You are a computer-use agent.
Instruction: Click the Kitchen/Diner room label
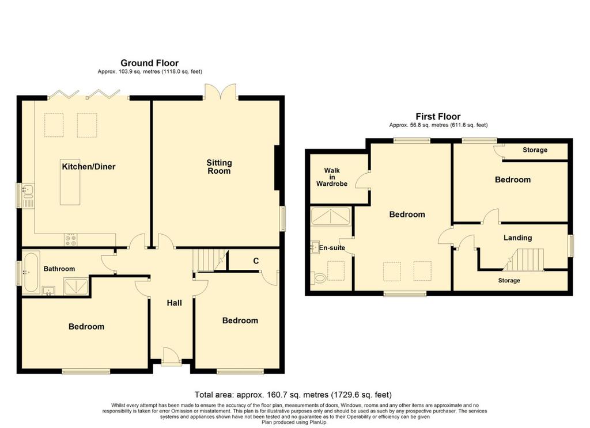pyautogui.click(x=88, y=167)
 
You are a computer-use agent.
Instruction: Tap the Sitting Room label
pyautogui.click(x=219, y=167)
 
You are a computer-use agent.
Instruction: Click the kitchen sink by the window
pyautogui.click(x=28, y=196)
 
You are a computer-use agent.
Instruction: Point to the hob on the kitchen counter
pyautogui.click(x=70, y=240)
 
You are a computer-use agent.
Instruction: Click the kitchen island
pyautogui.click(x=70, y=182)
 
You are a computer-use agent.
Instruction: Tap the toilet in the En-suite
pyautogui.click(x=318, y=278)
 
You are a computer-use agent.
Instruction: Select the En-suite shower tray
pyautogui.click(x=331, y=216)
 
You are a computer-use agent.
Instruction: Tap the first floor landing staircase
pyautogui.click(x=524, y=259)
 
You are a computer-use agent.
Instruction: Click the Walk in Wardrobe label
pyautogui.click(x=331, y=177)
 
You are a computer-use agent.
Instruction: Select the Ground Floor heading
pyautogui.click(x=149, y=63)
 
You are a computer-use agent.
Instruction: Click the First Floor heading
pyautogui.click(x=438, y=116)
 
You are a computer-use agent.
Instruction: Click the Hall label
pyautogui.click(x=174, y=303)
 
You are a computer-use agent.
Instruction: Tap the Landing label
pyautogui.click(x=518, y=238)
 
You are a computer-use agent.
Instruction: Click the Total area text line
pyautogui.click(x=293, y=395)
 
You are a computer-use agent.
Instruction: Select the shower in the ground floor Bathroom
pyautogui.click(x=77, y=286)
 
